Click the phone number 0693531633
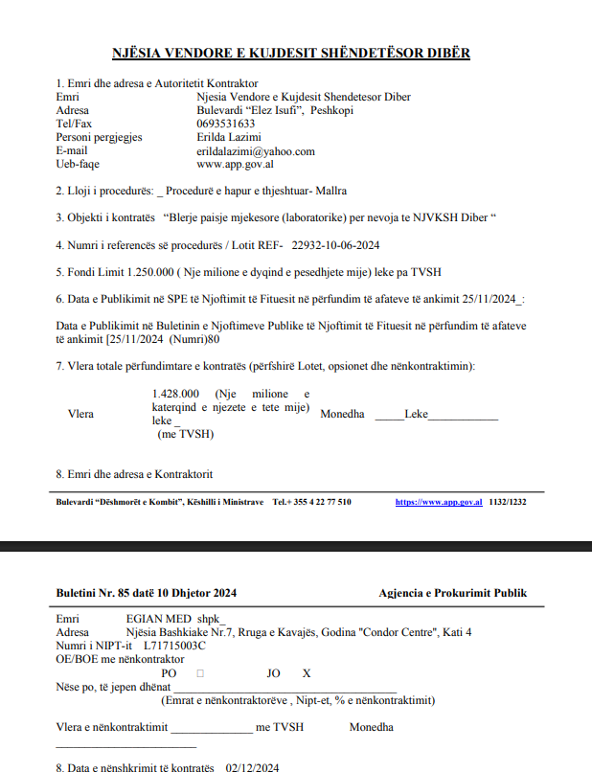225,124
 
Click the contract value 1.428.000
175,394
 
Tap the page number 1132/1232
508,502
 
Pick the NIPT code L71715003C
173,646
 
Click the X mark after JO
307,673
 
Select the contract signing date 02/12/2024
252,768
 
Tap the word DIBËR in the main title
442,53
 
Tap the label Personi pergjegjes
99,137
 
